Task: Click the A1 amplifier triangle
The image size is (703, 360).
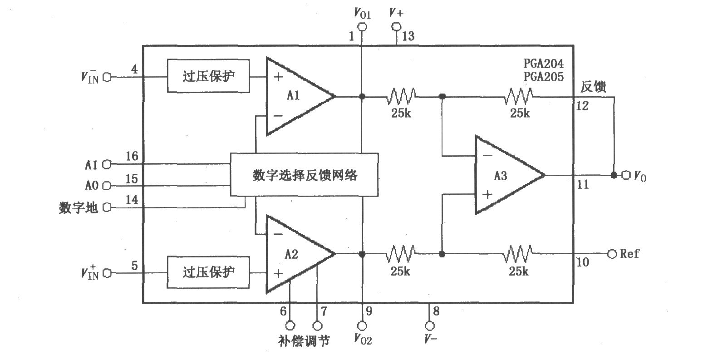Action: point(295,96)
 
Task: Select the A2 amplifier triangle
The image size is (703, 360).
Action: point(295,254)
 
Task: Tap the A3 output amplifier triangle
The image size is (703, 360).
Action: point(504,175)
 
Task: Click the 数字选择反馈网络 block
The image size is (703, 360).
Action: point(304,175)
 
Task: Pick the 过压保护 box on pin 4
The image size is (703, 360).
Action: point(208,76)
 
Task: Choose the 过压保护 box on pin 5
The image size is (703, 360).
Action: point(208,272)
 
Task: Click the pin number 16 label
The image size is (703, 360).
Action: point(132,157)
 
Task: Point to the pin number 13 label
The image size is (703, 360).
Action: point(408,36)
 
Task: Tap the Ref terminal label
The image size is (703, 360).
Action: point(629,253)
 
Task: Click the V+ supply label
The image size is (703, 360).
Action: point(396,14)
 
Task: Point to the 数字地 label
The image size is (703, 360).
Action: point(79,208)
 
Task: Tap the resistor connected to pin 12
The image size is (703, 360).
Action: point(518,96)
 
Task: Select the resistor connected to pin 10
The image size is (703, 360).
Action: point(518,254)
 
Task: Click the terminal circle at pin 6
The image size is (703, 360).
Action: point(290,325)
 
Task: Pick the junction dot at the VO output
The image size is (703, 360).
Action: point(614,175)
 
